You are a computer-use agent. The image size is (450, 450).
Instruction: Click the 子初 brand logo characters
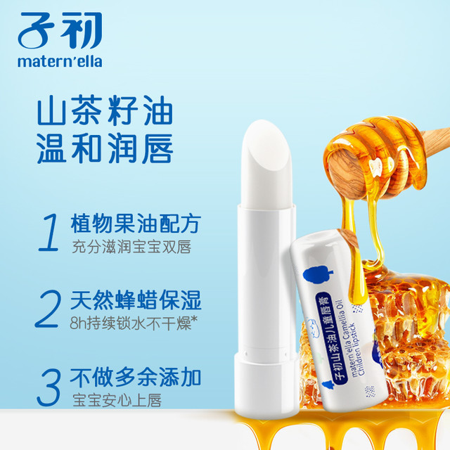(60, 31)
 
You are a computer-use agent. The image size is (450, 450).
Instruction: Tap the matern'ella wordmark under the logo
(60, 61)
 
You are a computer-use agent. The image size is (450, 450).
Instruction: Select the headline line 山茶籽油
(105, 111)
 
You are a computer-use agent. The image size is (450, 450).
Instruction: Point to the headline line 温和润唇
(105, 148)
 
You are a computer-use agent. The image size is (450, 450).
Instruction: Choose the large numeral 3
(49, 387)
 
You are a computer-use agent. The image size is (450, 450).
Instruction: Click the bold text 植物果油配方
(136, 224)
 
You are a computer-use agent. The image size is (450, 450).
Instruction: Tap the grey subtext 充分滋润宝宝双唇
(131, 247)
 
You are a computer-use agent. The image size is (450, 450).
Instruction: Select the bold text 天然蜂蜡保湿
(136, 300)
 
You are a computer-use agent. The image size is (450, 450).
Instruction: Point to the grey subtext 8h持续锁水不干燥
(131, 323)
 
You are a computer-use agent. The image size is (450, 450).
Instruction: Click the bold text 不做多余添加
(136, 377)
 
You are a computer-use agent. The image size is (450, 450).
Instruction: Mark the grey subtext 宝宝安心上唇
(117, 400)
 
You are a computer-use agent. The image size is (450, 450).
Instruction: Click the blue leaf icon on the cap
(317, 275)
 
